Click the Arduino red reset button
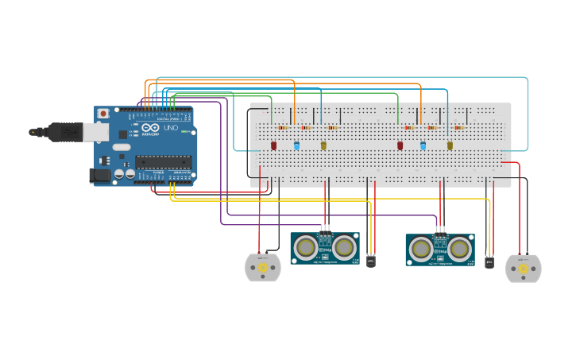[102, 114]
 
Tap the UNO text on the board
[171, 129]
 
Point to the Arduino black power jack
[100, 175]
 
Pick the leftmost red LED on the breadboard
[274, 145]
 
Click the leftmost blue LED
[297, 146]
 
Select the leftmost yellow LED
[323, 145]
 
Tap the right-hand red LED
[400, 145]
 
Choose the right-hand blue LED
[423, 146]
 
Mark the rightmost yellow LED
[450, 145]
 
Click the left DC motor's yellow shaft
[263, 269]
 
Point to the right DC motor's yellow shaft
[523, 269]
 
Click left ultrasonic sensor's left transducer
[304, 249]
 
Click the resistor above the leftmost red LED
[282, 127]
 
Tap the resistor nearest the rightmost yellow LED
[459, 127]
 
